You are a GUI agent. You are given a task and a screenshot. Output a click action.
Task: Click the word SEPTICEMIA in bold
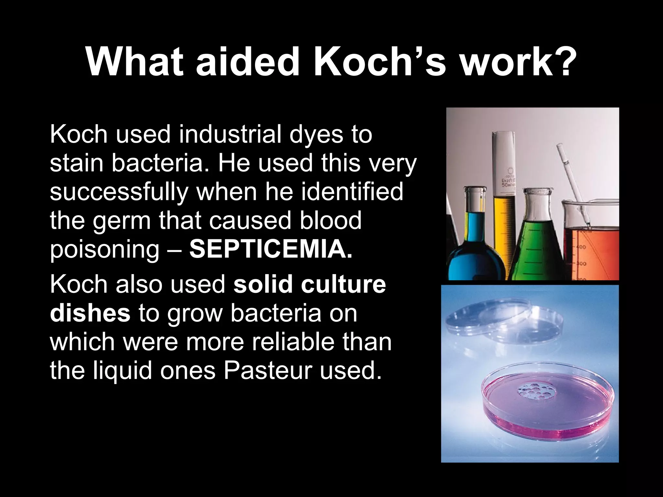pyautogui.click(x=270, y=249)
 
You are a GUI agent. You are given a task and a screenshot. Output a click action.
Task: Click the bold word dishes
pyautogui.click(x=90, y=313)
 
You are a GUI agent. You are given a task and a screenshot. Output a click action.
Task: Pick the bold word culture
pyautogui.click(x=343, y=284)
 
